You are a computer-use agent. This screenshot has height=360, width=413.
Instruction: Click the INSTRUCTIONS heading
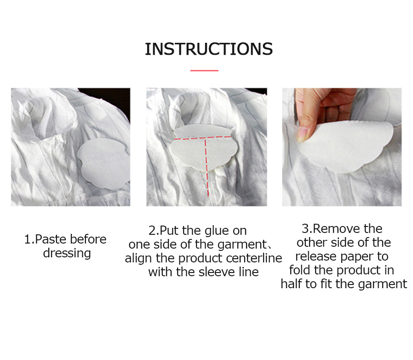tap(208, 49)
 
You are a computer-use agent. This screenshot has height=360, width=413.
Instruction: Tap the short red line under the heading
tap(204, 70)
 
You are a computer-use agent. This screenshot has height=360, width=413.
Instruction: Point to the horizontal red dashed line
tap(202, 138)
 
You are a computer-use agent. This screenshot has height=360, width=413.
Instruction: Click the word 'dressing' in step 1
tap(67, 253)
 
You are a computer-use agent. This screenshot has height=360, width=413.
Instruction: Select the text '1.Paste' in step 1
tap(43, 239)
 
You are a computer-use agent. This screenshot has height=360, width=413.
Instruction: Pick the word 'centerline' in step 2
tap(253, 258)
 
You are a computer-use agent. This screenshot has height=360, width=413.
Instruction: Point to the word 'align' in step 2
tap(138, 258)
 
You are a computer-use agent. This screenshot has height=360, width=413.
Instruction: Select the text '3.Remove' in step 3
tap(327, 229)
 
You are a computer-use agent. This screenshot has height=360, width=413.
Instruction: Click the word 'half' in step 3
tap(291, 284)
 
